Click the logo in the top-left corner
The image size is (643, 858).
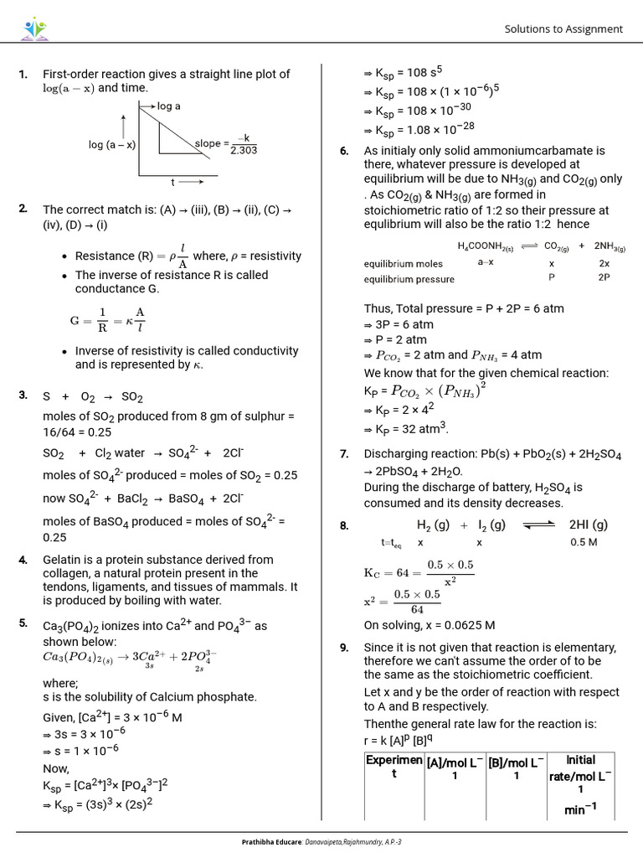click(x=35, y=29)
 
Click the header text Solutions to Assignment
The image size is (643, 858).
click(x=563, y=29)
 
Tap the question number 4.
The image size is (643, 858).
click(x=23, y=560)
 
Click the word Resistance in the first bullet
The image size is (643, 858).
click(x=105, y=256)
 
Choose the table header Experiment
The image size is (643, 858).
click(x=394, y=767)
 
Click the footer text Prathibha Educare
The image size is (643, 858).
click(x=270, y=841)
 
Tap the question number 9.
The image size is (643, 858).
click(x=344, y=648)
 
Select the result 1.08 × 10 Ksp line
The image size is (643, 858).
click(x=419, y=127)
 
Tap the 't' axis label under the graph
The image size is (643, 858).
click(x=173, y=182)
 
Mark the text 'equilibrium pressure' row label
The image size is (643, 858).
click(x=409, y=279)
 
